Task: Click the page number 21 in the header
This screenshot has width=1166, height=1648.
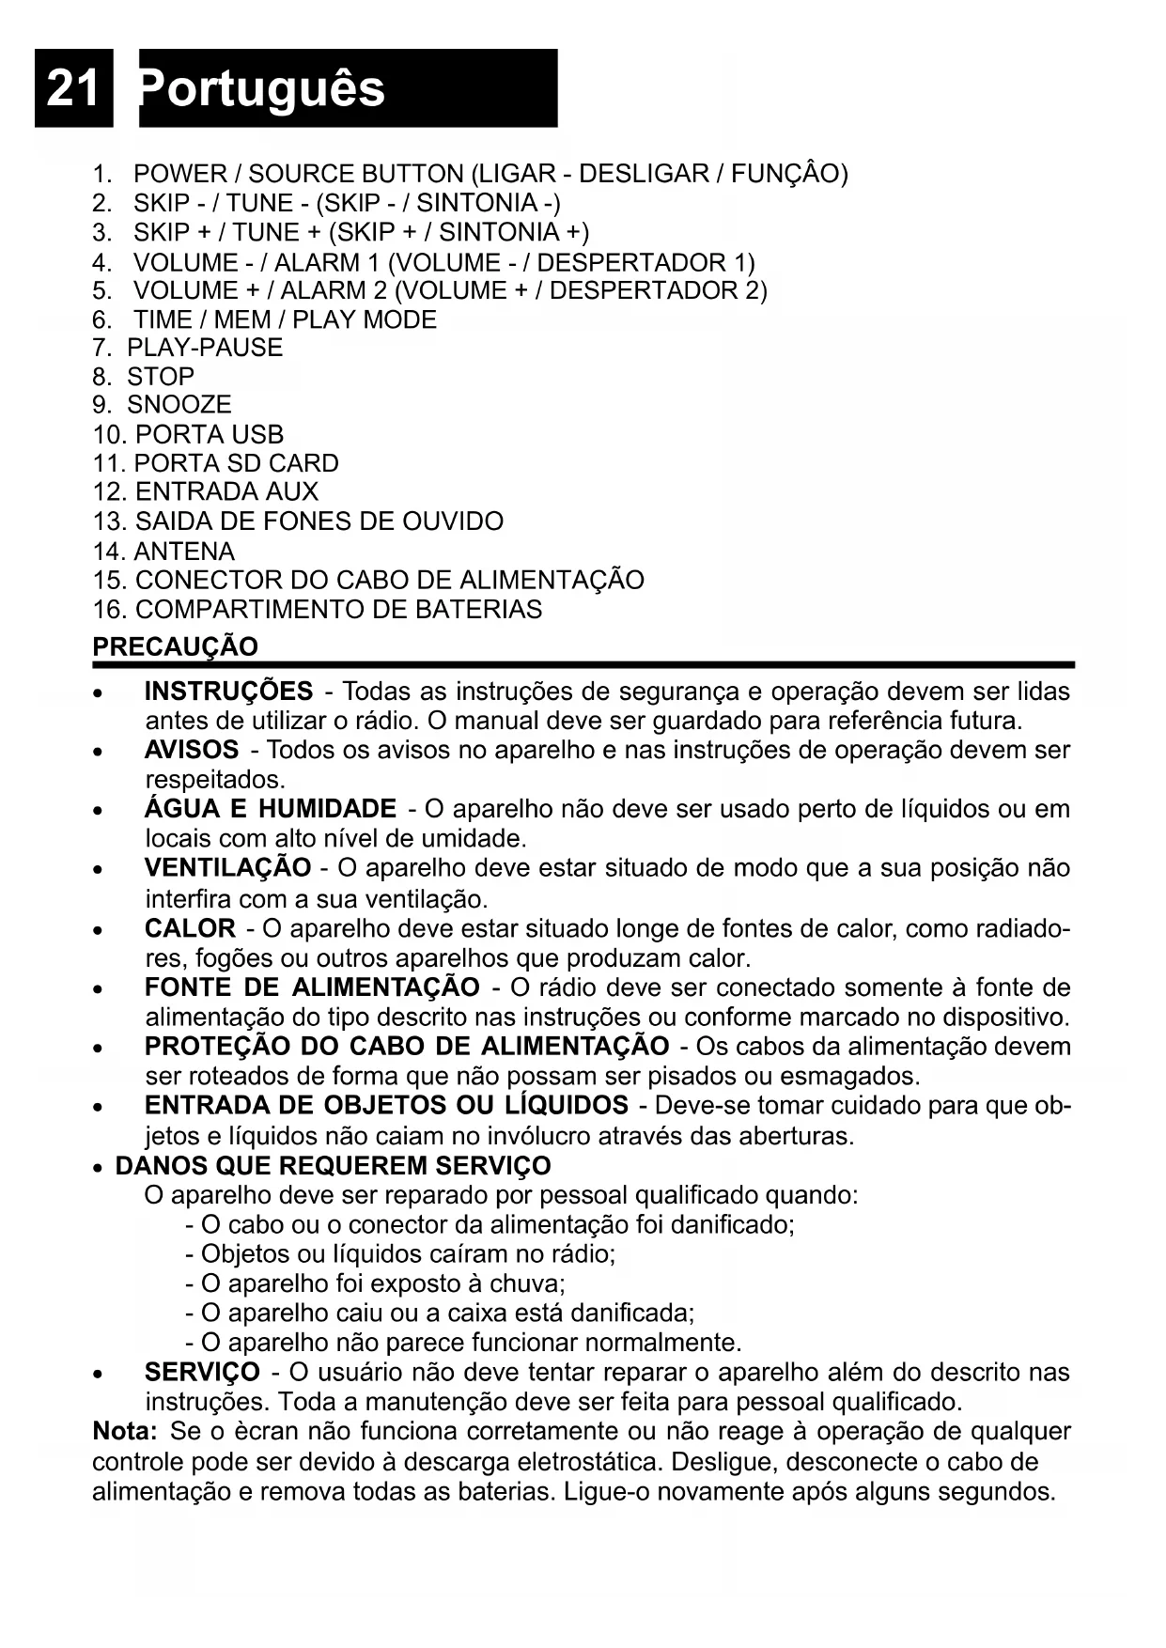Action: (x=73, y=88)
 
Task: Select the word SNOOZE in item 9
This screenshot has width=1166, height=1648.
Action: (x=179, y=405)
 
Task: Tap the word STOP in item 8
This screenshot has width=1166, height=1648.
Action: (x=161, y=377)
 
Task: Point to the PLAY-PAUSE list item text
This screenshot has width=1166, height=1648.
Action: (x=205, y=348)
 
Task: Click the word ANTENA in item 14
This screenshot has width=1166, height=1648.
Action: (x=185, y=552)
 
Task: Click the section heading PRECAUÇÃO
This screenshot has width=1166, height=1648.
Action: (x=175, y=646)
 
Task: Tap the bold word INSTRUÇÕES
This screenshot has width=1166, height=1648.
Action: (x=228, y=692)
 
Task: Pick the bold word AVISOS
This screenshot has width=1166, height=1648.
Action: (x=192, y=750)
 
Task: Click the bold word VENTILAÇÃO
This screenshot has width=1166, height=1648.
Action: (x=227, y=867)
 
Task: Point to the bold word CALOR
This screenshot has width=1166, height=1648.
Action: (x=190, y=928)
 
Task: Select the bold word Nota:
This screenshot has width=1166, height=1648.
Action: (x=125, y=1432)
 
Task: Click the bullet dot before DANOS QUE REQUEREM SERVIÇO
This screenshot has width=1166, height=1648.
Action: (x=99, y=1169)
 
